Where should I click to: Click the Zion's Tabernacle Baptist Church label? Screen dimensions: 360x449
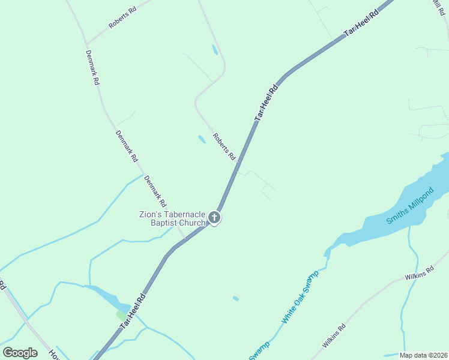[172, 219]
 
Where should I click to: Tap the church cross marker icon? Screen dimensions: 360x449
[214, 218]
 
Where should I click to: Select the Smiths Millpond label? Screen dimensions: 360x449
[409, 214]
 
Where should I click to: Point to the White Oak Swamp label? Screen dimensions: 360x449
[300, 298]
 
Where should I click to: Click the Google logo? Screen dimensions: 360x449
[20, 352]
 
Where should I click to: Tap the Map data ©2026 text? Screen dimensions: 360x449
[423, 355]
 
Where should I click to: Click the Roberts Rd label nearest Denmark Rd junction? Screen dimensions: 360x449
[122, 18]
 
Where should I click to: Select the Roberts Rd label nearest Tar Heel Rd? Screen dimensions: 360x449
[224, 146]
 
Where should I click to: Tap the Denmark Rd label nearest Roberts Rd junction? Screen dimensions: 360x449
[92, 68]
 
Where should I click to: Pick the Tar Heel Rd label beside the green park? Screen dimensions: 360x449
[133, 311]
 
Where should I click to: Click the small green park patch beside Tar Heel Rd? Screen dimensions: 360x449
[122, 316]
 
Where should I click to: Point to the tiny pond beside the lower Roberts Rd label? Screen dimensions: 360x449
[202, 139]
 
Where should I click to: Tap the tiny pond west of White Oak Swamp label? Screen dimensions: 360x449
[236, 298]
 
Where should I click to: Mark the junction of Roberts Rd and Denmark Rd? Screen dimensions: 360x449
[86, 44]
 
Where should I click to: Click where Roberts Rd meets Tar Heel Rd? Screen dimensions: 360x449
[239, 161]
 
